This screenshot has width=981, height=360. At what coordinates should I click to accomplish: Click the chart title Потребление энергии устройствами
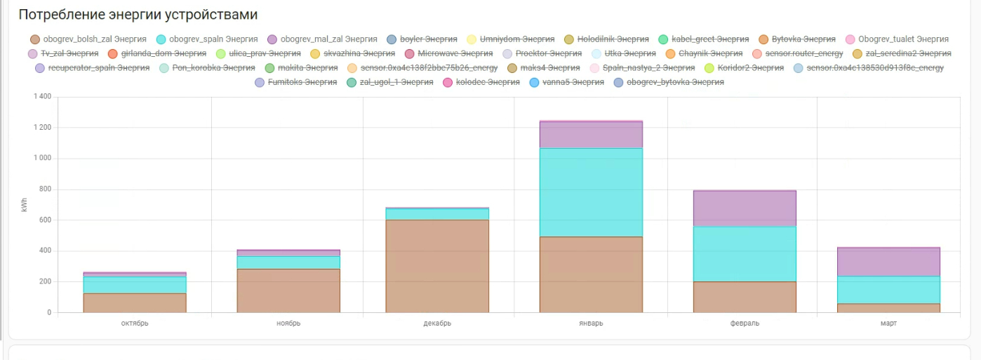138,15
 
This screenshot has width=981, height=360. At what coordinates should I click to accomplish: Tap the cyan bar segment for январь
591,192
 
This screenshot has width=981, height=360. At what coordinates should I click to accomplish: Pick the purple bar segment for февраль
745,208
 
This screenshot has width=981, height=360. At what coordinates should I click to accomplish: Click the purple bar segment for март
888,262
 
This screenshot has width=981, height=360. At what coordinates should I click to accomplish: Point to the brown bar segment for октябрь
135,302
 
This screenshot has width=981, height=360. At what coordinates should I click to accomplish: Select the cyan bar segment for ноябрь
288,262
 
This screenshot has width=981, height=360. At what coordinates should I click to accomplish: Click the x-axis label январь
591,324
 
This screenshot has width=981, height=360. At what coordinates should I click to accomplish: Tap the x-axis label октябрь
135,324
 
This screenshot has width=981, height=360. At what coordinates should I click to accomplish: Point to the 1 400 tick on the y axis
41,97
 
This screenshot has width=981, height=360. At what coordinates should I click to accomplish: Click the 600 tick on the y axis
44,220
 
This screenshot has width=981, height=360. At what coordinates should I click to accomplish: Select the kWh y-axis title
25,204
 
